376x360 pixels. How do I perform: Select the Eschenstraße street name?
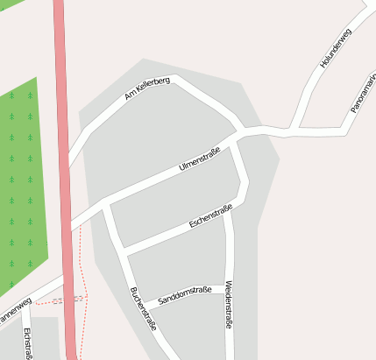[210, 217]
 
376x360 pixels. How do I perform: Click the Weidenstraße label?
[229, 304]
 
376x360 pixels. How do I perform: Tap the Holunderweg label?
[335, 49]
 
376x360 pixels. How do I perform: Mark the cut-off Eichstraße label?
[29, 343]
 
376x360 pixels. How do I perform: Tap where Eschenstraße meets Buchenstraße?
[124, 253]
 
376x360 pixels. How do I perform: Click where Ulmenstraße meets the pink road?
[69, 226]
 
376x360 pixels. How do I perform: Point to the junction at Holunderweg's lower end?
[293, 132]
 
